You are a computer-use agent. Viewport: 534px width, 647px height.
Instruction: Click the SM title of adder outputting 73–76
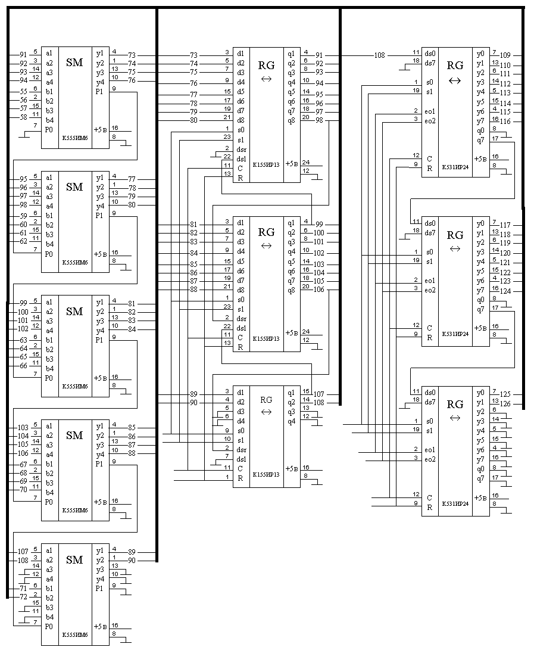[x=74, y=63]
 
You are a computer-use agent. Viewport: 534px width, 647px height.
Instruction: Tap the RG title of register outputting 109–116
[x=455, y=66]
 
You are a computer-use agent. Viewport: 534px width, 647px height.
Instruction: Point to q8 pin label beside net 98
[x=291, y=120]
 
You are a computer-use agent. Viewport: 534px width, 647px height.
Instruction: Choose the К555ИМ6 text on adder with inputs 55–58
[x=75, y=138]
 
